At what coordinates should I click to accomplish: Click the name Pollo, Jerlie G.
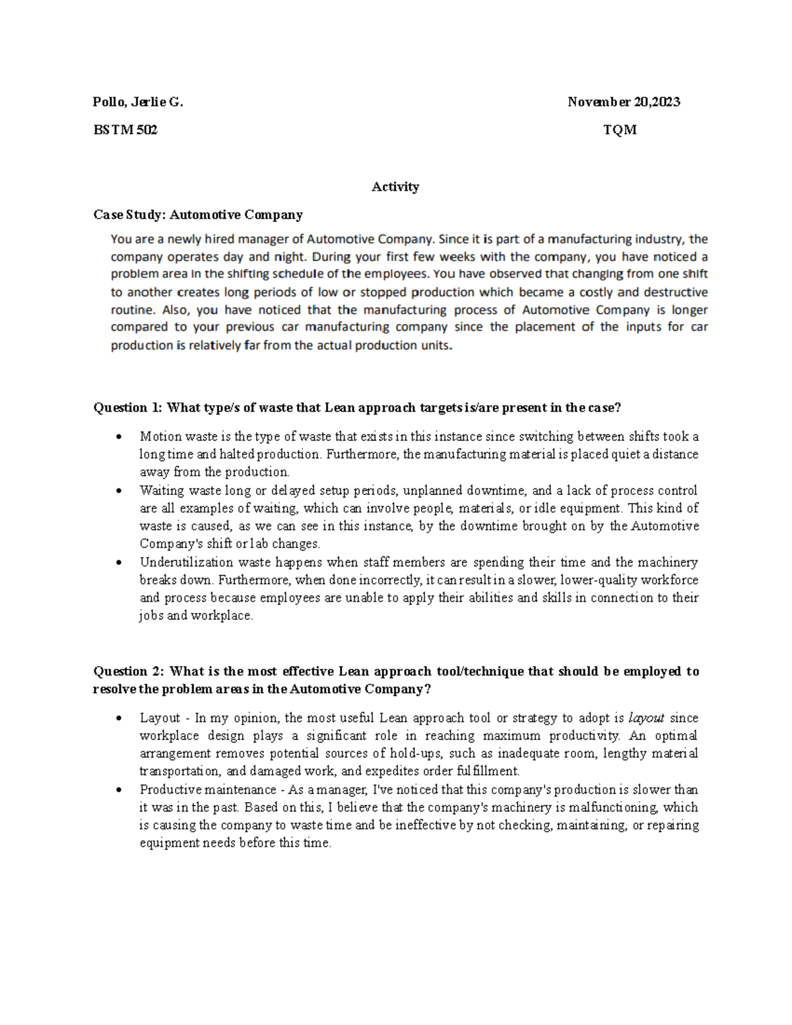click(138, 102)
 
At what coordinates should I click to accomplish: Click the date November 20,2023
click(624, 102)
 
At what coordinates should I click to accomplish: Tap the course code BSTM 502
click(125, 130)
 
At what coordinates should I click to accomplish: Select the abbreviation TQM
click(620, 130)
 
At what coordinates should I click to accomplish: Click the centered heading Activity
click(395, 187)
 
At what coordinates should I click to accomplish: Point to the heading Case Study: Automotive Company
click(198, 215)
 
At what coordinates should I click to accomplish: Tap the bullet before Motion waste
click(118, 437)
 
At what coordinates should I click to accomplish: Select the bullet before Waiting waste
click(118, 491)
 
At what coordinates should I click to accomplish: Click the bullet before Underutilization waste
click(118, 563)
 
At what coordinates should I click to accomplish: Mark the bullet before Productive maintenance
click(118, 790)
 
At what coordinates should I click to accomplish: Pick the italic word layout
click(646, 718)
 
